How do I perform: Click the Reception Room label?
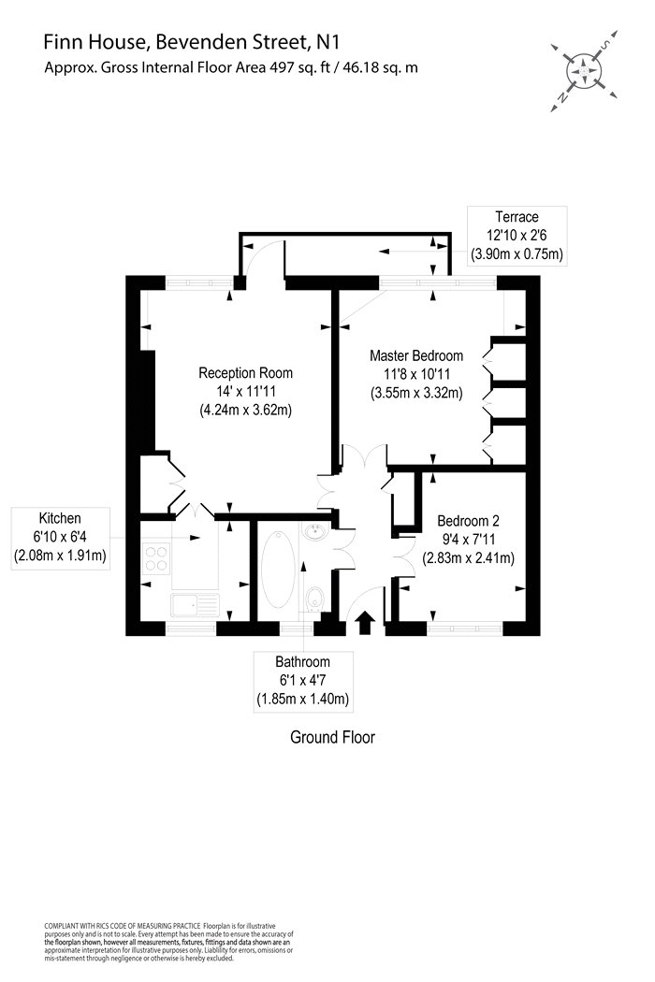pos(246,373)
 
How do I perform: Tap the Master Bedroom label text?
pos(416,355)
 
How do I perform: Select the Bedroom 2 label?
pos(468,520)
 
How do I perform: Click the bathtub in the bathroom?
pos(278,570)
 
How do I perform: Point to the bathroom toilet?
pos(314,599)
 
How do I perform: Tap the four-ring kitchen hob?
pos(156,558)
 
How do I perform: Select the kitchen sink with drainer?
pos(195,605)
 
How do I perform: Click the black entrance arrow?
pos(365,623)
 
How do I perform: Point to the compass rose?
pos(584,71)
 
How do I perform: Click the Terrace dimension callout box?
pos(517,236)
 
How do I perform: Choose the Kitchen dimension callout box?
pos(60,538)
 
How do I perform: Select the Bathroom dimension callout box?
pos(303,681)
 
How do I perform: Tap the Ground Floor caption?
pos(332,737)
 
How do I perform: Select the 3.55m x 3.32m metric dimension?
pos(416,393)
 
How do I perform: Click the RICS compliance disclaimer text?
pos(169,942)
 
